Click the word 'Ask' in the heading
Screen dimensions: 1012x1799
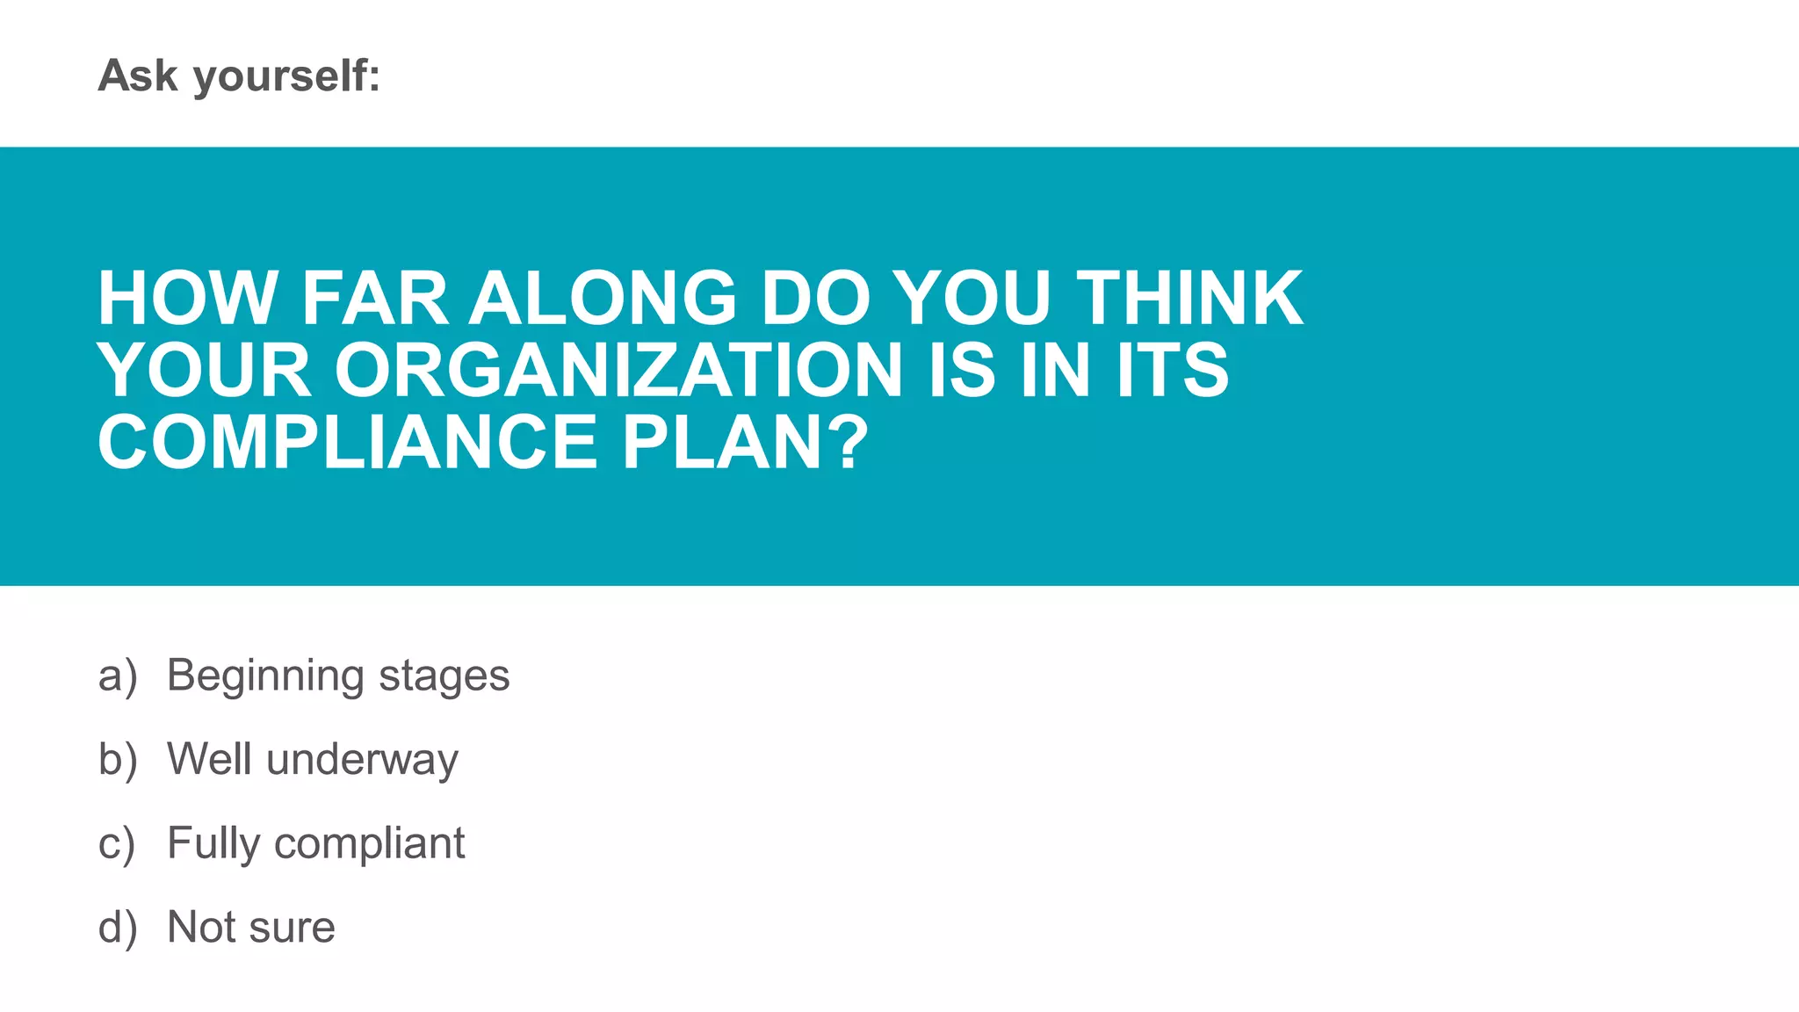pyautogui.click(x=138, y=76)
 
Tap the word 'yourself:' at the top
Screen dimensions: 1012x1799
pyautogui.click(x=286, y=77)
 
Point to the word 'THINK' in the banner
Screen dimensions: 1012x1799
pyautogui.click(x=1190, y=299)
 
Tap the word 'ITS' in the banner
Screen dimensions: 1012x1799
pyautogui.click(x=1173, y=370)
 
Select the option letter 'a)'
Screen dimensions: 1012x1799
pyautogui.click(x=118, y=676)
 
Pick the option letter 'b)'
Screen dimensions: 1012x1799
pyautogui.click(x=118, y=760)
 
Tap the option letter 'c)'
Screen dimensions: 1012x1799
pyautogui.click(x=117, y=844)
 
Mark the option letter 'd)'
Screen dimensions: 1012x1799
pyautogui.click(x=118, y=928)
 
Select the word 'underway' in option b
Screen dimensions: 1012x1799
pyautogui.click(x=362, y=761)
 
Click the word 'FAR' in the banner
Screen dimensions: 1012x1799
pyautogui.click(x=374, y=299)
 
